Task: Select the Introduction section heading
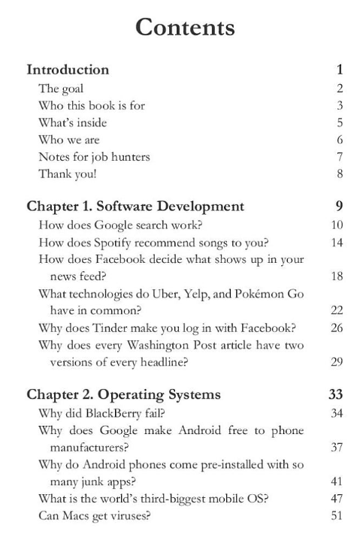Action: pos(68,70)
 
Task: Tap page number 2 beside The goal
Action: pos(340,89)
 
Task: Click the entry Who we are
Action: pos(69,140)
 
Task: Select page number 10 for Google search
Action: pos(337,225)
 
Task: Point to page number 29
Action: pos(337,362)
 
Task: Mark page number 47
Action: pos(337,499)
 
